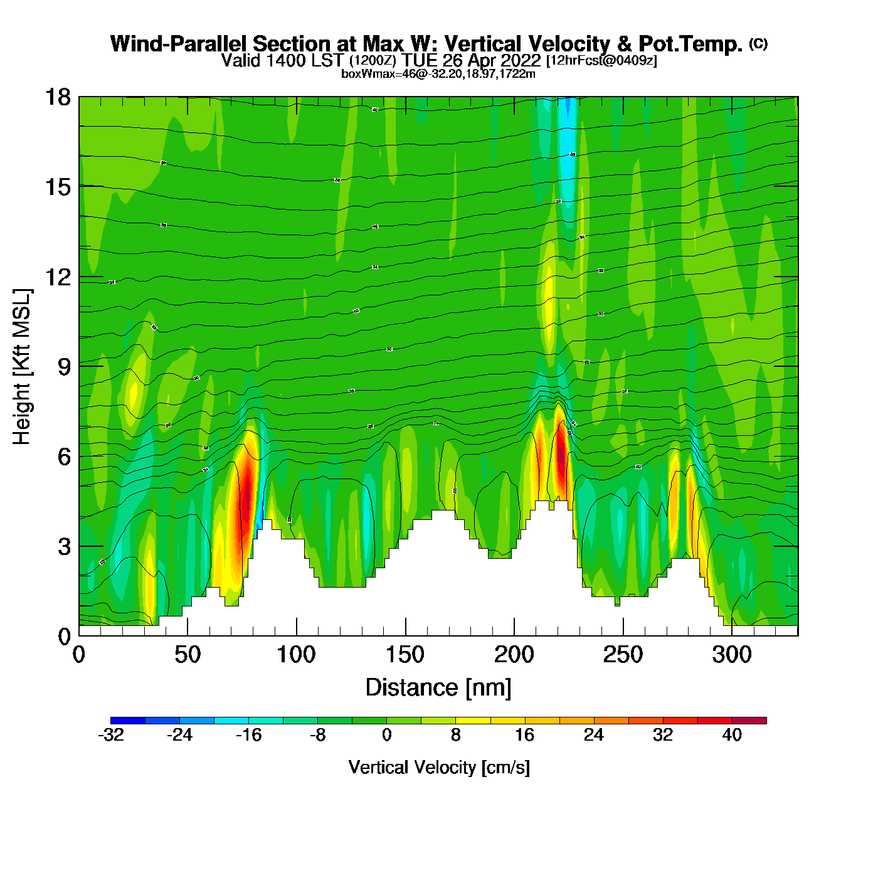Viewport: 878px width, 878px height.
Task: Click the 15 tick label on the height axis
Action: click(x=57, y=187)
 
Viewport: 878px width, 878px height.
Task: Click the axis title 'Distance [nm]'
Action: click(x=438, y=687)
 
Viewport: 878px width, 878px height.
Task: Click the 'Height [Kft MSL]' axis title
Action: click(x=22, y=367)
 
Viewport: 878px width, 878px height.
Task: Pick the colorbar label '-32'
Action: click(x=110, y=735)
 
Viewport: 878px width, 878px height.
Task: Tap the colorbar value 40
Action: click(x=732, y=735)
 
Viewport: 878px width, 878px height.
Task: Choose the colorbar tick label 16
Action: click(x=524, y=735)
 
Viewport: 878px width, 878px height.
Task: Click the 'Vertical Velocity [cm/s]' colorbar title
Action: click(x=438, y=767)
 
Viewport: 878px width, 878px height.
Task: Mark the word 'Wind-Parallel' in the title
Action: click(x=179, y=44)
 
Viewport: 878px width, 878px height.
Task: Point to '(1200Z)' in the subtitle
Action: click(x=373, y=61)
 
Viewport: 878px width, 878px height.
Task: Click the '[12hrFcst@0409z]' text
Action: click(x=601, y=61)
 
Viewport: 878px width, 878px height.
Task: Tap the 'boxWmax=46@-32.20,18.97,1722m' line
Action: click(x=438, y=74)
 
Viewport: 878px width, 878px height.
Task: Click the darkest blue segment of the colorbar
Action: click(x=128, y=721)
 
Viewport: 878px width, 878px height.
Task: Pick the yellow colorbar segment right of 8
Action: click(x=473, y=721)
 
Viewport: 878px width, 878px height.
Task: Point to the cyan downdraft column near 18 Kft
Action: click(x=568, y=144)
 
